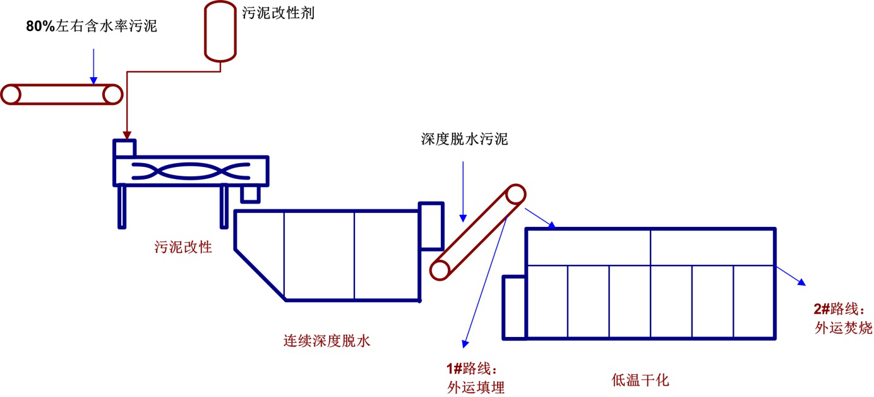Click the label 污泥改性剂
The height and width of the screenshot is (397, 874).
(x=278, y=13)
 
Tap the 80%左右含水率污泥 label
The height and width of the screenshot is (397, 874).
(x=91, y=27)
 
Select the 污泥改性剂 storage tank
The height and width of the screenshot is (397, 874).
(x=220, y=30)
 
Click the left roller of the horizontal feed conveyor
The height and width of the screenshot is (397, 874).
(x=11, y=94)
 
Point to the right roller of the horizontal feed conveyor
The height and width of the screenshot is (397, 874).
(x=112, y=94)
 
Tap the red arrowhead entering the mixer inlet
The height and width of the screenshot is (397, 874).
(x=127, y=135)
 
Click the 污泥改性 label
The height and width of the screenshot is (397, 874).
(x=183, y=247)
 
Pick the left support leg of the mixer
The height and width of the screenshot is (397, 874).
(x=122, y=206)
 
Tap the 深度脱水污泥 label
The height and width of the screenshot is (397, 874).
(x=464, y=139)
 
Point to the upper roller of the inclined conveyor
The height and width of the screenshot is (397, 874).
(x=515, y=194)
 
